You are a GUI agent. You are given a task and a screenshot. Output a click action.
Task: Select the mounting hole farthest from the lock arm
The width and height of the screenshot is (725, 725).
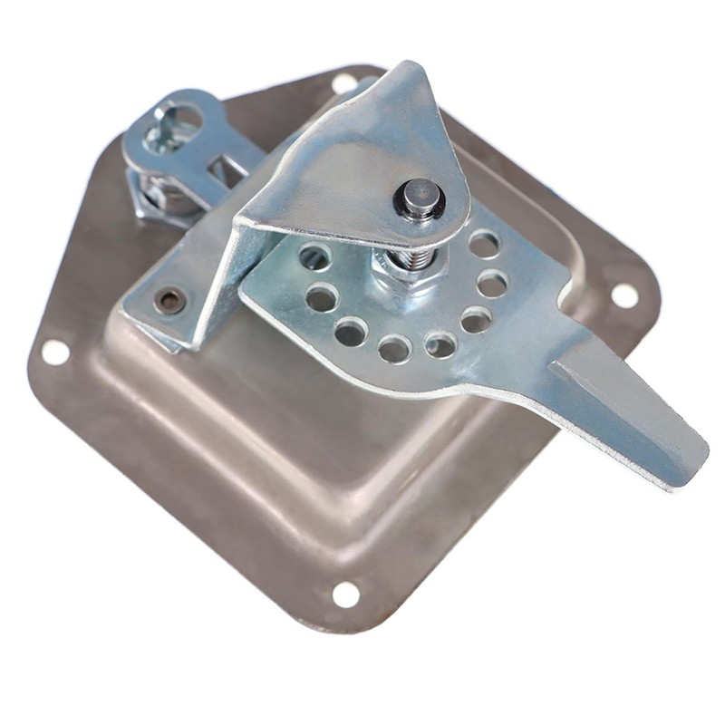coord(345,594)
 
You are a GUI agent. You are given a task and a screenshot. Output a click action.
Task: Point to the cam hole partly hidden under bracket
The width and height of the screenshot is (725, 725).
coord(314,258)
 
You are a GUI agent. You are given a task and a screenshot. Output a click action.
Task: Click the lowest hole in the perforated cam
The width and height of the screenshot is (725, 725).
coord(394,348)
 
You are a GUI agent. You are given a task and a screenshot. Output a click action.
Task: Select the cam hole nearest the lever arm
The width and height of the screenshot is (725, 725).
coord(476,319)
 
